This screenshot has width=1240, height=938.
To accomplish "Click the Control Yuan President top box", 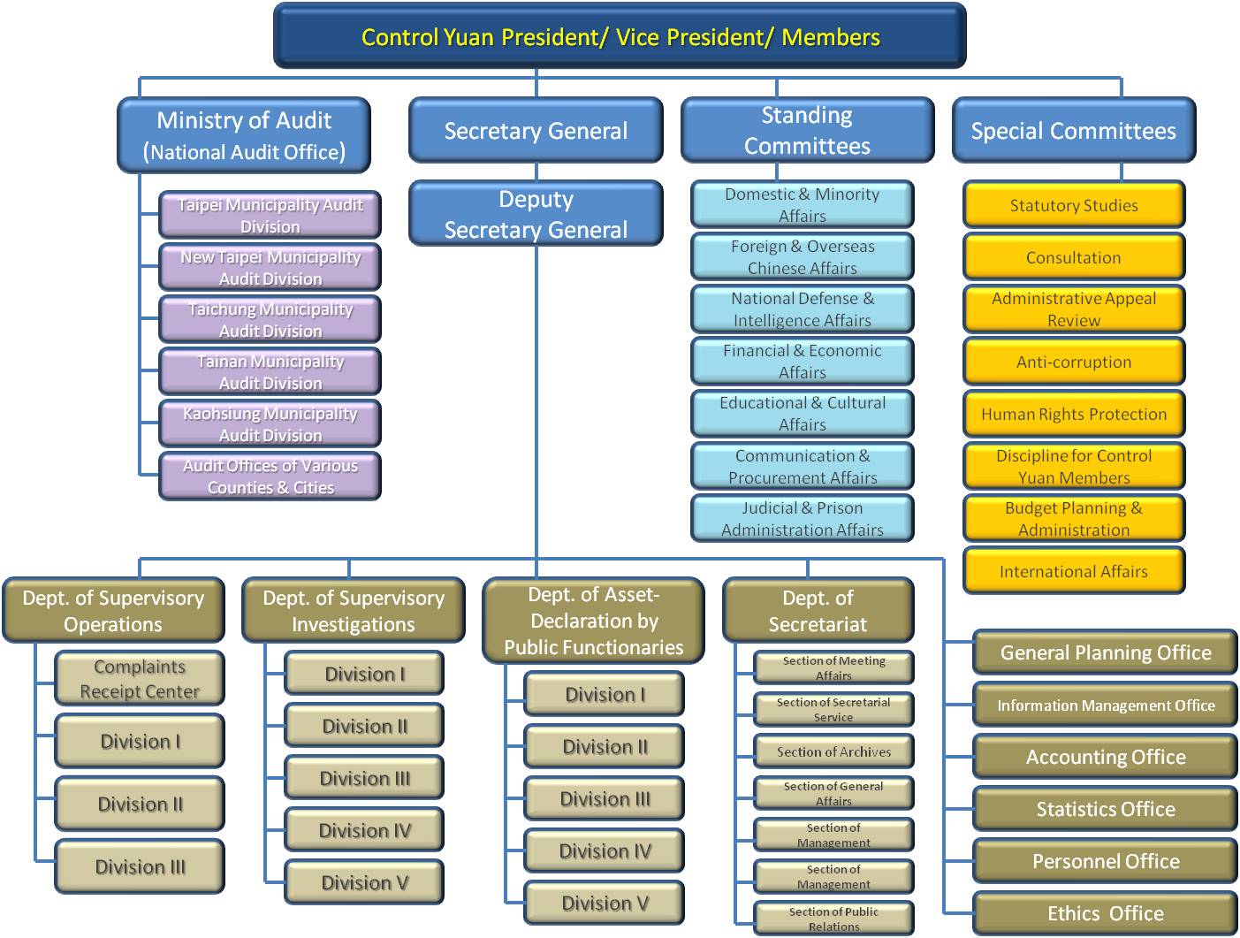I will point(620,36).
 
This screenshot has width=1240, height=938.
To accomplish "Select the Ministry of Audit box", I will point(244,135).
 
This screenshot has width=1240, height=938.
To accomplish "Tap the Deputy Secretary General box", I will point(536,214).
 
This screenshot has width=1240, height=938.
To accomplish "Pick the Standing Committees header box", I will point(807,131).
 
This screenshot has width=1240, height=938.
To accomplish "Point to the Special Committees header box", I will point(1073,131).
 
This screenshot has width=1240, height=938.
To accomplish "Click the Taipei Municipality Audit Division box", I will point(270,215).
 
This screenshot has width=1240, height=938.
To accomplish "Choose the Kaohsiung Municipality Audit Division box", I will point(270,424).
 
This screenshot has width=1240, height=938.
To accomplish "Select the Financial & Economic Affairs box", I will point(802,362).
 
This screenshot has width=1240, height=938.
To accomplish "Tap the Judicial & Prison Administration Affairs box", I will point(802,519).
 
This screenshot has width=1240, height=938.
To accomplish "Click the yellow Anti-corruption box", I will point(1073,362).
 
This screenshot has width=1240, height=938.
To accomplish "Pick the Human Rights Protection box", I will point(1073,414).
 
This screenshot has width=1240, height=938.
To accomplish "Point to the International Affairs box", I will point(1073,571).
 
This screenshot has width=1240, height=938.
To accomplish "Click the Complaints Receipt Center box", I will point(140,679).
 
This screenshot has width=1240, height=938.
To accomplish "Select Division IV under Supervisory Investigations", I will point(364,830).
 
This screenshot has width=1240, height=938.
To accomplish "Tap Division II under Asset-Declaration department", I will point(605,747).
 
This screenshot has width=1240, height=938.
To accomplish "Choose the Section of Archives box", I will point(833,751).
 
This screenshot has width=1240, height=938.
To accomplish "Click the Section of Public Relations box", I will point(833,919).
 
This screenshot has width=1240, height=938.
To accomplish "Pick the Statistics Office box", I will point(1105,809).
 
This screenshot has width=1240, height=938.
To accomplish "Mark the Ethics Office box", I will point(1105,913).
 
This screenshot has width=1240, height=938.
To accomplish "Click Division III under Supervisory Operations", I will point(140,867).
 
